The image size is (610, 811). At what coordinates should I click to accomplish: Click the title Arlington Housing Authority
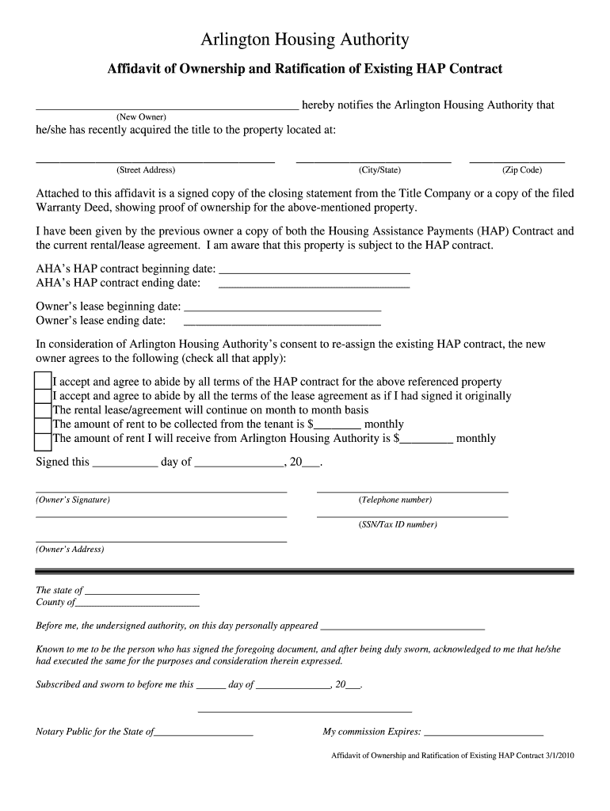[305, 40]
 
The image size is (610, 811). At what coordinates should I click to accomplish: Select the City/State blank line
[373, 161]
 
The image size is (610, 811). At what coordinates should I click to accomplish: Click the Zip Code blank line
[517, 161]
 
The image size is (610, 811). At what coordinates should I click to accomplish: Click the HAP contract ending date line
[314, 284]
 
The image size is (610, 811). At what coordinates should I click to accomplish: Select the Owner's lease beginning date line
[282, 308]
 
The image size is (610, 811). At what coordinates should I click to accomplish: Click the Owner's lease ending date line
[282, 322]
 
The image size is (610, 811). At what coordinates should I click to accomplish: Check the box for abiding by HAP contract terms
[44, 382]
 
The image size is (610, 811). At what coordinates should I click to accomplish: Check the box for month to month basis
[44, 410]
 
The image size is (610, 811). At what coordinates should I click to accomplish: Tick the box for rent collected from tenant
[44, 425]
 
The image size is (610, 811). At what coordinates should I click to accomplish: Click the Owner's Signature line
[162, 492]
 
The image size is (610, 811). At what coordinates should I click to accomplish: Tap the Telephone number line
[412, 492]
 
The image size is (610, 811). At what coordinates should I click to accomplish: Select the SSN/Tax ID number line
[412, 516]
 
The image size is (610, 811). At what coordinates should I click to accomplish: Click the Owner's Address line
[162, 541]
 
